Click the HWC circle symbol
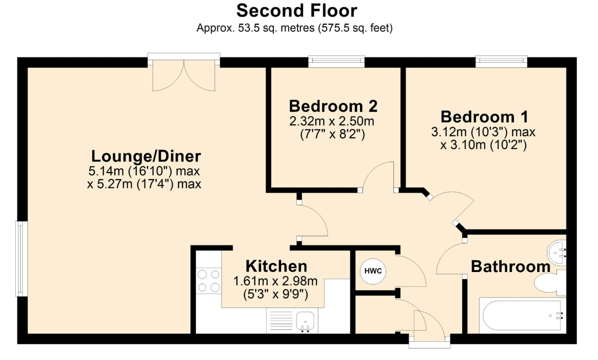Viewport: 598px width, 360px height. (373, 271)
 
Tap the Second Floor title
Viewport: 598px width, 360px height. (297, 11)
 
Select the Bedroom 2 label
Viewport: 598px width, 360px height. (333, 106)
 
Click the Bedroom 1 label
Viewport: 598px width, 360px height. (485, 117)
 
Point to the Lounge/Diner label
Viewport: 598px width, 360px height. (146, 156)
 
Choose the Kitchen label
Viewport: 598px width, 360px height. (276, 266)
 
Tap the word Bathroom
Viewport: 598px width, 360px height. (511, 266)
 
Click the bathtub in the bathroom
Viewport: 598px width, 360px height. (522, 316)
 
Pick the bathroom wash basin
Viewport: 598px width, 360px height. (556, 252)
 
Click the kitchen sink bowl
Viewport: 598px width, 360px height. (305, 321)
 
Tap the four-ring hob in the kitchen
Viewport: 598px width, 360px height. (209, 281)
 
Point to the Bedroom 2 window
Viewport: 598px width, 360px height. (337, 61)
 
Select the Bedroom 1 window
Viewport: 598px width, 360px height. (501, 61)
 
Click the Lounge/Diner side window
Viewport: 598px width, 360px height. (22, 259)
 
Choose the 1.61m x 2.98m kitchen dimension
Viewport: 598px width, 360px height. (275, 281)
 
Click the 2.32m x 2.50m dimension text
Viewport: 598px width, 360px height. (332, 121)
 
